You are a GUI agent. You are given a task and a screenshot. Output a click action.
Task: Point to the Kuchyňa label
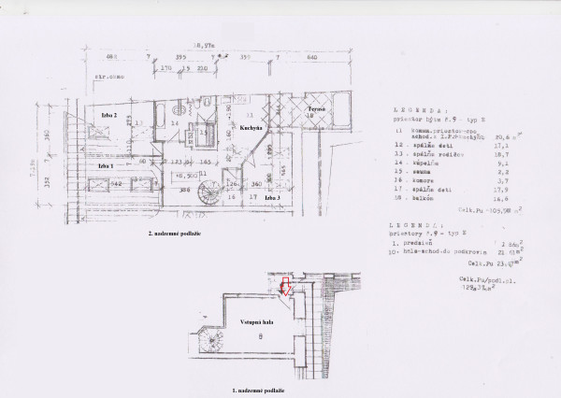point(250,125)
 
